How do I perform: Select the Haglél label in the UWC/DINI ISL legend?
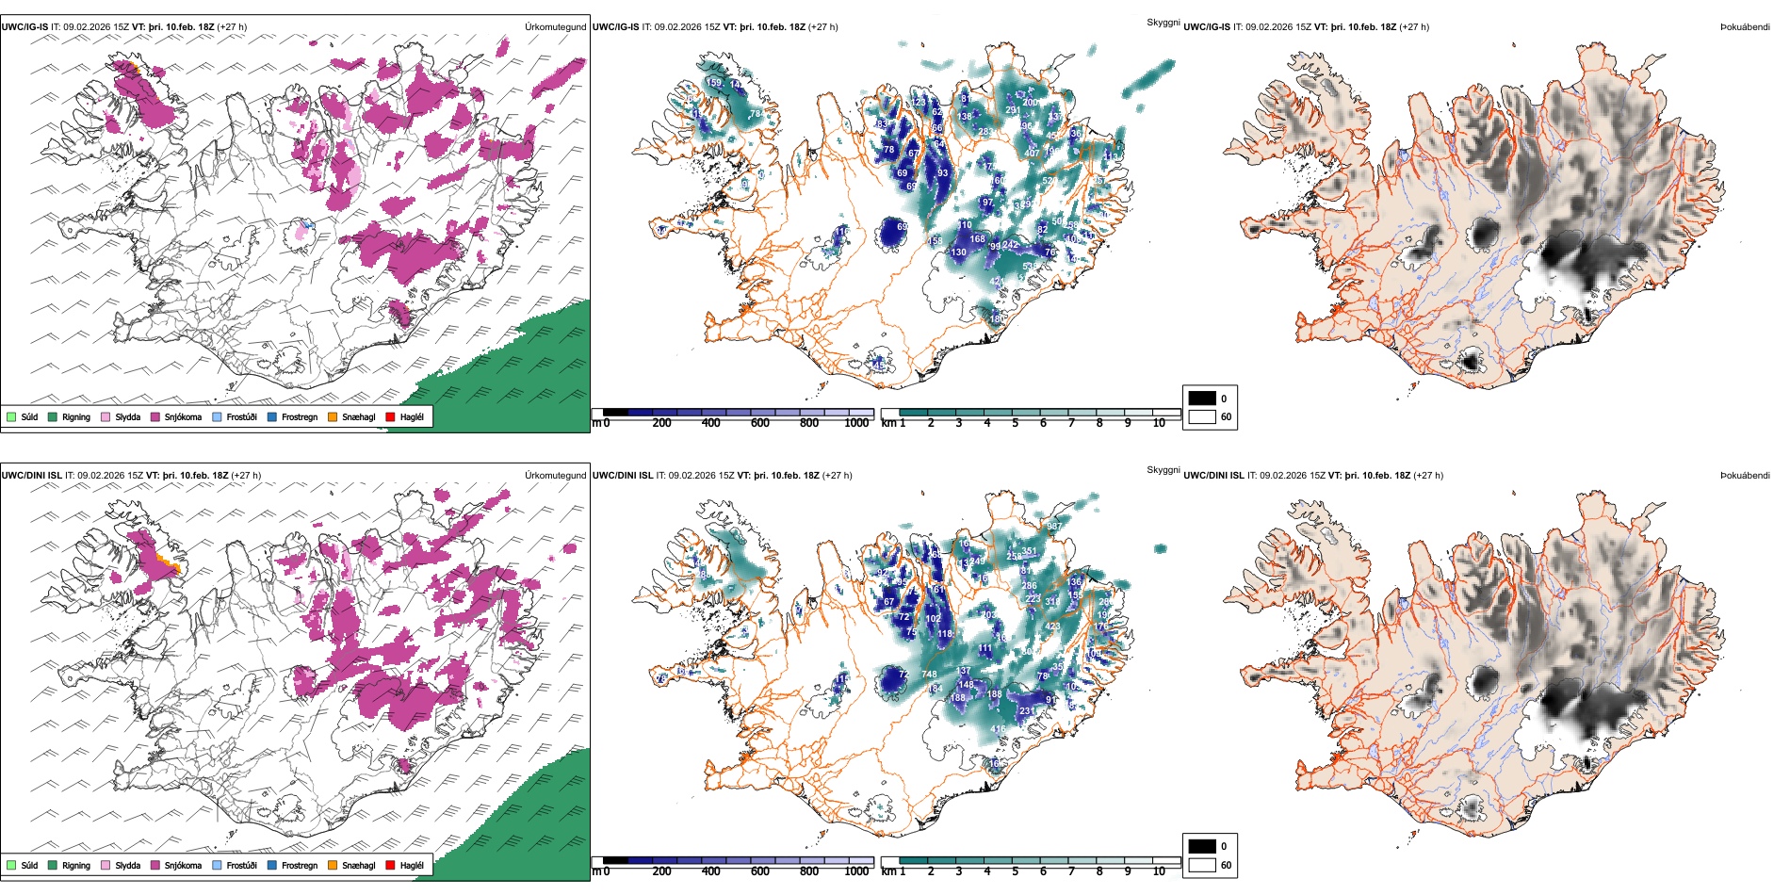[412, 865]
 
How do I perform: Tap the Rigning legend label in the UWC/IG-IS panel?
[76, 416]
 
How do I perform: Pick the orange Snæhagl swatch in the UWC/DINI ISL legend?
[334, 865]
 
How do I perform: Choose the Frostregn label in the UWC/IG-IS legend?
[300, 416]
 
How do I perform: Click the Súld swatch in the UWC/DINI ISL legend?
[11, 865]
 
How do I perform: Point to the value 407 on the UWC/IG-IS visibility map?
[1032, 153]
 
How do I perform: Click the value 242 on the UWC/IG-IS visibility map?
[1011, 245]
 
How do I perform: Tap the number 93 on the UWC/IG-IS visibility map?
[943, 173]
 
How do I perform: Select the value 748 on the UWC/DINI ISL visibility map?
[929, 674]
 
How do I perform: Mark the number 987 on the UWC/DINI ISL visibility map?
[1053, 527]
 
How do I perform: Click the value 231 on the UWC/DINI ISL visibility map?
[1027, 711]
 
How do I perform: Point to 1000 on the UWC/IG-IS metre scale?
[856, 423]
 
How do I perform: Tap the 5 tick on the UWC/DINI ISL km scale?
[1015, 871]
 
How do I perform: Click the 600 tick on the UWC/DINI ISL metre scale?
[759, 871]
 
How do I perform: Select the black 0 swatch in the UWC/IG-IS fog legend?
[1202, 399]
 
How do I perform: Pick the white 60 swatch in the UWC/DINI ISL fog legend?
[1202, 865]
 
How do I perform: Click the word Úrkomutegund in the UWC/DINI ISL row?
[555, 475]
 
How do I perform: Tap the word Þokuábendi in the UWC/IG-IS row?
[1745, 27]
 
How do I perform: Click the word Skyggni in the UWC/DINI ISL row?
[1163, 469]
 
